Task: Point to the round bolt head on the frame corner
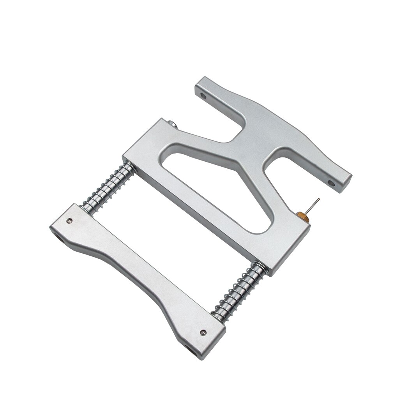(173, 124)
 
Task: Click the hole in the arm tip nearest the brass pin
(331, 182)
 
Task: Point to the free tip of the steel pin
(318, 199)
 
